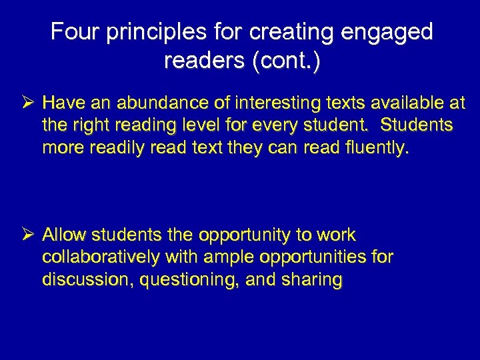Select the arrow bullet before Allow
27,235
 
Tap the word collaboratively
101,257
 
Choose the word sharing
313,279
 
